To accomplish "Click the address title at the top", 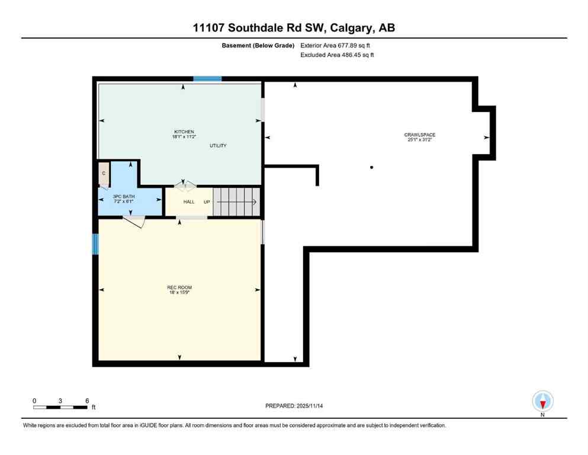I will tap(294, 28).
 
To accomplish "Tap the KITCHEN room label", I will tap(184, 132).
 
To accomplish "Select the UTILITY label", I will tap(218, 146).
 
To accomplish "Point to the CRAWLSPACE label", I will tap(420, 135).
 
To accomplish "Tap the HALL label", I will tap(189, 202).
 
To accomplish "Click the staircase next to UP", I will tap(236, 201).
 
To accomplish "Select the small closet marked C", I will tap(104, 173).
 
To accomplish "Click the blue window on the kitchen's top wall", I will tap(207, 78).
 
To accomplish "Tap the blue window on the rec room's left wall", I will tap(95, 243).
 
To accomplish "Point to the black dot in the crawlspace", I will tap(372, 168).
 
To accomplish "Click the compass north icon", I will tap(542, 402).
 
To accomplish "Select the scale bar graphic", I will tap(61, 407).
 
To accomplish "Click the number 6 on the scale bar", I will tap(87, 400).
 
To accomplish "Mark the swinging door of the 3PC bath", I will tap(134, 222).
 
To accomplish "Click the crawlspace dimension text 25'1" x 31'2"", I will tap(420, 140).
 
